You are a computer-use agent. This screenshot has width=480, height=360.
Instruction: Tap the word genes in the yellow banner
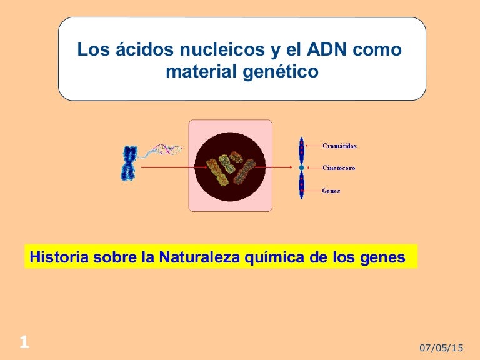379,257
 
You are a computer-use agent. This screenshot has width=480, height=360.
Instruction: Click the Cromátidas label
339,146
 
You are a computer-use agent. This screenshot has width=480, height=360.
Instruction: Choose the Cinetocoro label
339,168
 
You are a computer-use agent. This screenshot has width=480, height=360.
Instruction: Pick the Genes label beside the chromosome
331,191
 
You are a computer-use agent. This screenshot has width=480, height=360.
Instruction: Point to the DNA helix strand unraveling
161,151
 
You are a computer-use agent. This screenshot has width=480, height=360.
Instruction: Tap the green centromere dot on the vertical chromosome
301,168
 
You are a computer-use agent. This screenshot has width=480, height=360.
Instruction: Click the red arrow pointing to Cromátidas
313,146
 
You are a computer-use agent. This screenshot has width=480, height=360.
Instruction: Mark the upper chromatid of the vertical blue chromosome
301,151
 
